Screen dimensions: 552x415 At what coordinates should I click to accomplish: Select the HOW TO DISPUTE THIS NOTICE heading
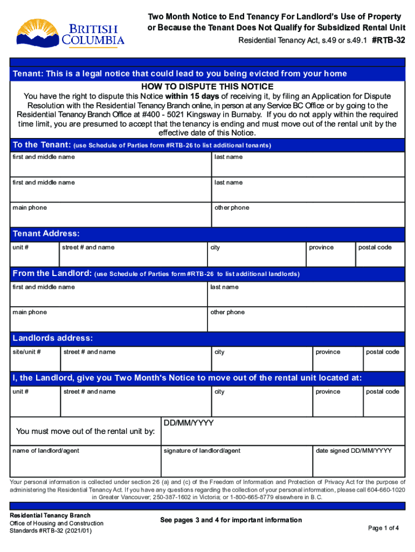207,87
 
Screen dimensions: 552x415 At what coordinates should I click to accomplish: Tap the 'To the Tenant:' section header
41,145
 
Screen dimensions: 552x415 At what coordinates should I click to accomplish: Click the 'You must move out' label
86,431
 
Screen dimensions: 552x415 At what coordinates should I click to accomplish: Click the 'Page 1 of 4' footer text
383,528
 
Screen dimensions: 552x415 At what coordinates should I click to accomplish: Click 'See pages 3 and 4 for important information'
231,520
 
